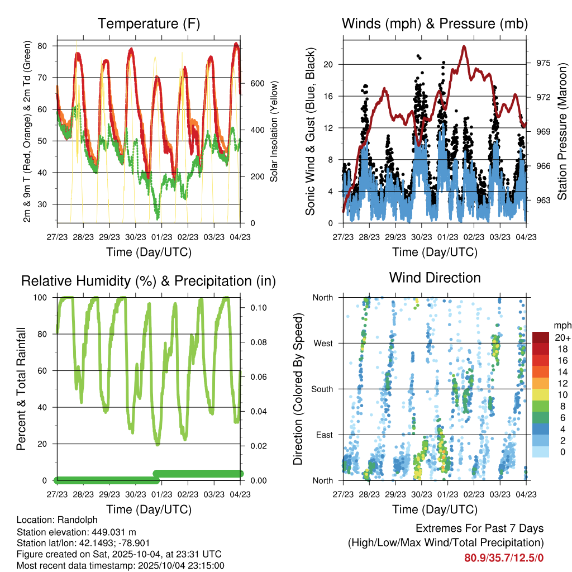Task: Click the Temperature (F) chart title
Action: [x=149, y=24]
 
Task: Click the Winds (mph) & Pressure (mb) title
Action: [x=435, y=24]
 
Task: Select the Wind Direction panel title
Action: [x=435, y=277]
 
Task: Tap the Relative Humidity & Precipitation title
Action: [x=149, y=281]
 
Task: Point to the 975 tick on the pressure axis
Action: [x=544, y=63]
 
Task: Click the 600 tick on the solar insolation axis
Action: [x=257, y=83]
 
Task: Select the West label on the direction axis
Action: [x=323, y=343]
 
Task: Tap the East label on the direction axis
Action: [x=324, y=435]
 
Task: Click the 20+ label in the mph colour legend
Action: [x=561, y=337]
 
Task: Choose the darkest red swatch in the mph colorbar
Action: [x=540, y=337]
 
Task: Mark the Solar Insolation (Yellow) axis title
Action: [x=274, y=131]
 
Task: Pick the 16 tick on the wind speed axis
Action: [x=328, y=96]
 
